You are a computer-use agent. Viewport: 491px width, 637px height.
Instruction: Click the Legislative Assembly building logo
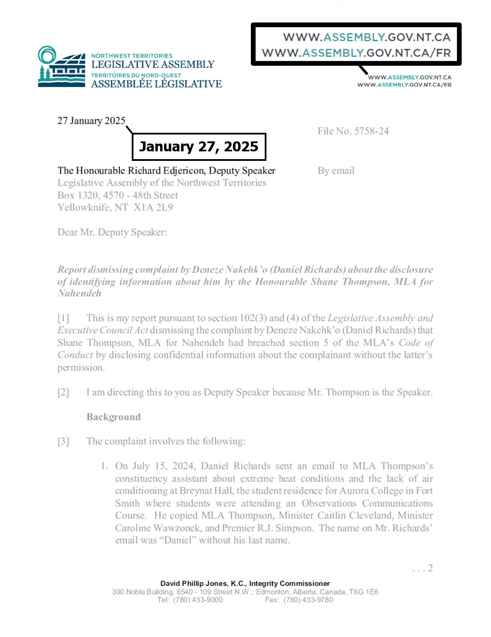coord(61,67)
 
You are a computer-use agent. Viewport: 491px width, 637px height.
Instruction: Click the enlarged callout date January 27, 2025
coord(199,147)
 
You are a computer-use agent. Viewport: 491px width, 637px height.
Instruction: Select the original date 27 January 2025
coord(91,121)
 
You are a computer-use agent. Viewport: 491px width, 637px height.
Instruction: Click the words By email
coord(336,171)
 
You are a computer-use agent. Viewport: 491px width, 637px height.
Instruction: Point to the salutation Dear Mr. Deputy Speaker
coord(112,232)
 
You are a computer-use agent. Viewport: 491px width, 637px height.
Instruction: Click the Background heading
coord(114,417)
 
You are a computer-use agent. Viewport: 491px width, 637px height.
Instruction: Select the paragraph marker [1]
coord(63,318)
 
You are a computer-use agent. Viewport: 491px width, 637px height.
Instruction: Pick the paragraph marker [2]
coord(63,392)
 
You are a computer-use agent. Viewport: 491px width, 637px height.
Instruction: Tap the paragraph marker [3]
coord(63,441)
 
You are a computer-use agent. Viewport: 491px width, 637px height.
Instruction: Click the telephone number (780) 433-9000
coord(198,600)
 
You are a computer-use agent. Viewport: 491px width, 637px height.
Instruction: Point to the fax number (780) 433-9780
coord(308,600)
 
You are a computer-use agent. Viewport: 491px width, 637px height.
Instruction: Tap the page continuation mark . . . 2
coord(422,568)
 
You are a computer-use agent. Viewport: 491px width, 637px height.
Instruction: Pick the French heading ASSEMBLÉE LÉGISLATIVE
coord(156,84)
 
